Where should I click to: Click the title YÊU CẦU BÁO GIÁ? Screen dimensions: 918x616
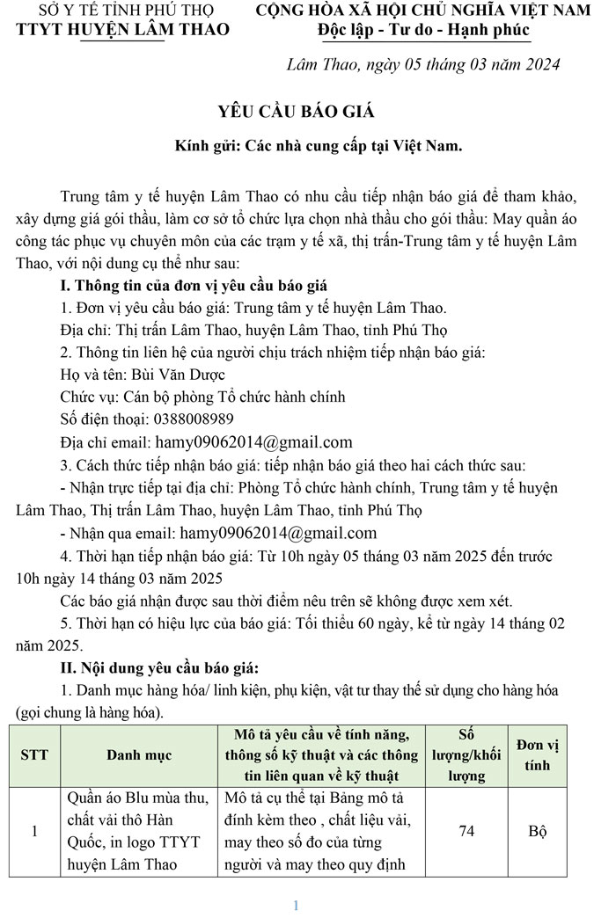296,112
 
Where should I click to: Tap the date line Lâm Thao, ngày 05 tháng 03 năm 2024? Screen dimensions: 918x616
423,65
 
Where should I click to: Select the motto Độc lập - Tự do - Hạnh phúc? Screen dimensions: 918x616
424,31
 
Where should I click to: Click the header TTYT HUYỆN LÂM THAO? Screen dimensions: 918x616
123,30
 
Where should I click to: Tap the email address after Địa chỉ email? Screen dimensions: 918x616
253,441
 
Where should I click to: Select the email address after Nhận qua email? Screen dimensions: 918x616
278,533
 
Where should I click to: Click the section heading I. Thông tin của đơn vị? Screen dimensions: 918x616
194,285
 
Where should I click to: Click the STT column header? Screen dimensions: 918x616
34,754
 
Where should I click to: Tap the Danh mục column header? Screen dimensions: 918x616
139,754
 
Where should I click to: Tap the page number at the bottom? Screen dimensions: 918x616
297,906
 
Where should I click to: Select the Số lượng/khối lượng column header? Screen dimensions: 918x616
467,754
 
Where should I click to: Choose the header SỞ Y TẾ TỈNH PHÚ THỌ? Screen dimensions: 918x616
123,11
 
